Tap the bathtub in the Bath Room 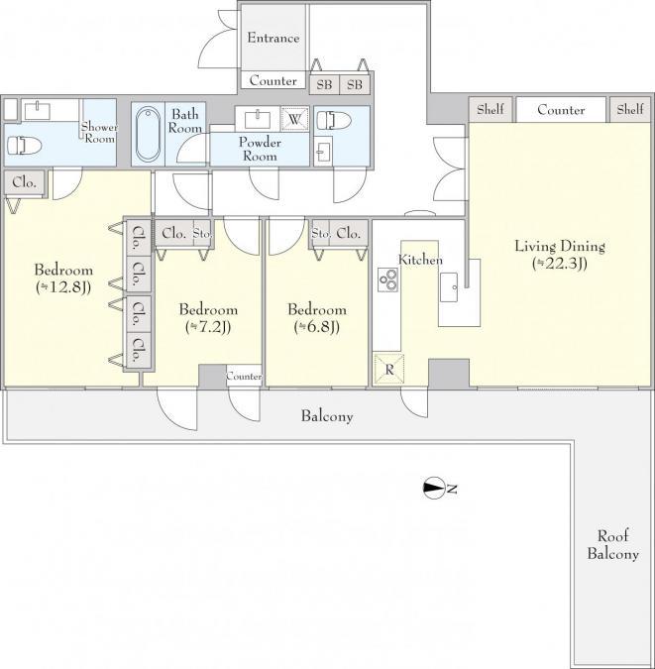(148, 134)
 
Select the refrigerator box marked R (388, 369)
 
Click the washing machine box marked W (294, 119)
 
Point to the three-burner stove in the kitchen (387, 279)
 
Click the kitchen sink (449, 287)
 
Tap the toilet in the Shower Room (25, 145)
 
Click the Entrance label (273, 38)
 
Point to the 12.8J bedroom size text (63, 287)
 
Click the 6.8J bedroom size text (317, 327)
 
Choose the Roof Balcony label (612, 545)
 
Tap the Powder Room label (260, 149)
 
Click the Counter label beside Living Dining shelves (561, 110)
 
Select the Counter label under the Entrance (273, 80)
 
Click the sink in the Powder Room (258, 119)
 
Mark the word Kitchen (420, 260)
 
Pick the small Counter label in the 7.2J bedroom (244, 376)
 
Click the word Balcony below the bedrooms (327, 416)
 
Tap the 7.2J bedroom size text (208, 327)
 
